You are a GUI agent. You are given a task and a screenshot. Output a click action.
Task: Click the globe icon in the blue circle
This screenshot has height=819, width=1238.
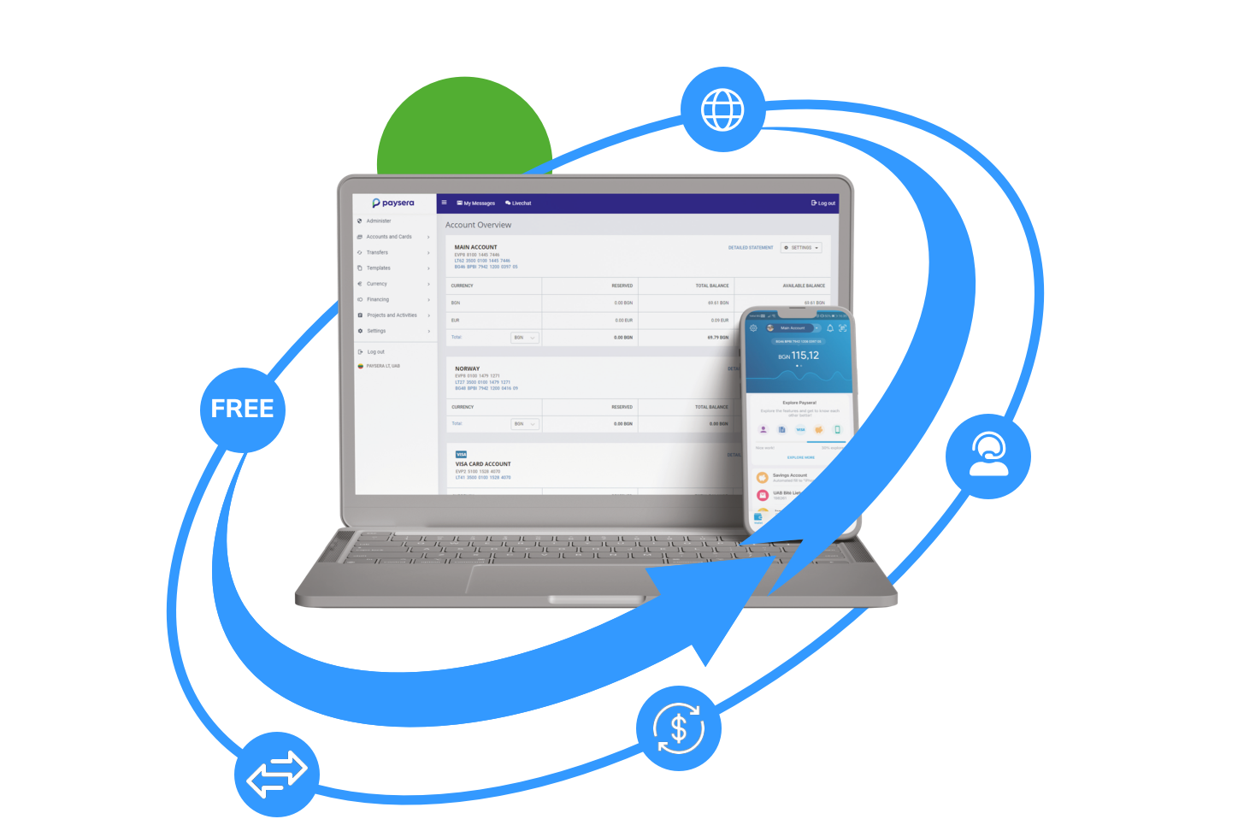722,109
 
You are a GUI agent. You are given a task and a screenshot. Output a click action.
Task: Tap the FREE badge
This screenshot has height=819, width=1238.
242,409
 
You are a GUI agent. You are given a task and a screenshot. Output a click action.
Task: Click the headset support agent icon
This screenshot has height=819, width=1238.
988,454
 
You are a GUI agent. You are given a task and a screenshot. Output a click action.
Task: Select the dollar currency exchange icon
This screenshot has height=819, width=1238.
678,728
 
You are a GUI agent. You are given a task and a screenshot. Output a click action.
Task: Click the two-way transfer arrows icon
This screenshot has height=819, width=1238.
276,774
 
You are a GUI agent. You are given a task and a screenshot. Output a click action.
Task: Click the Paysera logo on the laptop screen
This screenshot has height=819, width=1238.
393,203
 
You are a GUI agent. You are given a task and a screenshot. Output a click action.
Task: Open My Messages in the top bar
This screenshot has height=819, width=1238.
476,203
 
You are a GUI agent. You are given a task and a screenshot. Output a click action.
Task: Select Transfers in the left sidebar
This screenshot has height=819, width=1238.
377,252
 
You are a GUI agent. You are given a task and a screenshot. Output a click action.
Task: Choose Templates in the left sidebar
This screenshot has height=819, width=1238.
378,268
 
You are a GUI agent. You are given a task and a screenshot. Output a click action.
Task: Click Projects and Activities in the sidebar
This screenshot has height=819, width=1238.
392,315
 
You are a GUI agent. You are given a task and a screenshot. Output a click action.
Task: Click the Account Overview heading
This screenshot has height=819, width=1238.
478,225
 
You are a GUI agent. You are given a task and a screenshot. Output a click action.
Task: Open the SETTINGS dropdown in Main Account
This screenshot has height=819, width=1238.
801,248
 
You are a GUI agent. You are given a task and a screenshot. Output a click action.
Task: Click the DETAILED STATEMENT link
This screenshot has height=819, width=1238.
750,248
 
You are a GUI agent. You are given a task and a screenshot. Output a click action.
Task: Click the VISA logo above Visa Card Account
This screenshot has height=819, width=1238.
461,455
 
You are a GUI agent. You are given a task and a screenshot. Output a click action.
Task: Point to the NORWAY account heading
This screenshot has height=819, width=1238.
467,368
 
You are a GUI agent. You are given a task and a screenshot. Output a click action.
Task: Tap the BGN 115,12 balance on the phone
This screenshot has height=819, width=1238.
799,356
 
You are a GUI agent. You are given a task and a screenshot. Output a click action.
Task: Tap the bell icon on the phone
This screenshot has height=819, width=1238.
829,328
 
